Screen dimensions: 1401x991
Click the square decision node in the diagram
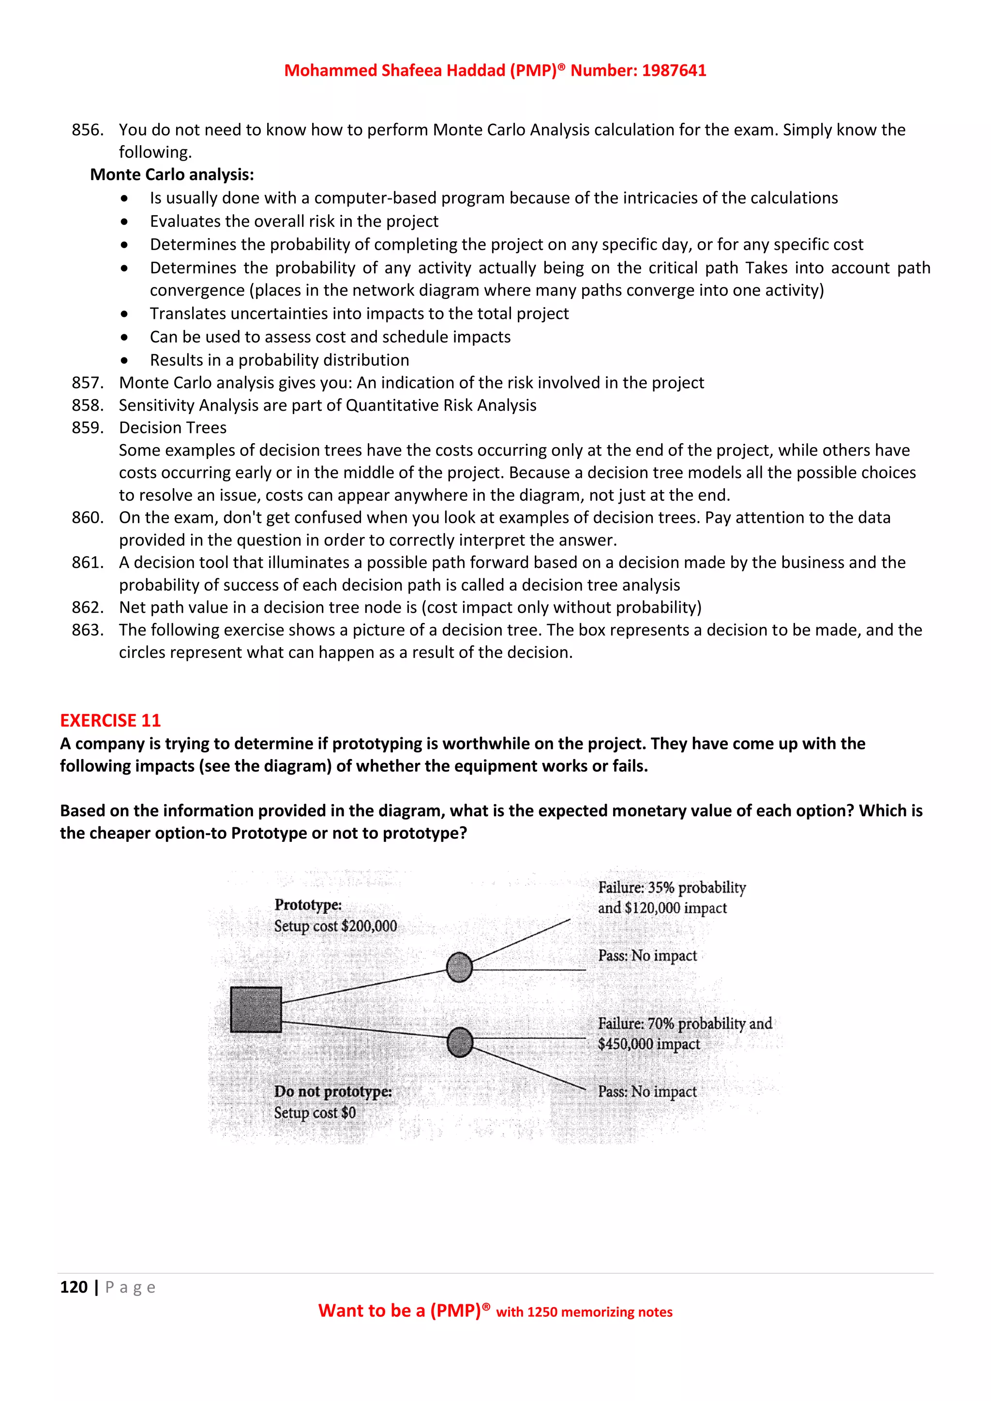tap(255, 1009)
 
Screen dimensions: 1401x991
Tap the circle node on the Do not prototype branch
tap(460, 1042)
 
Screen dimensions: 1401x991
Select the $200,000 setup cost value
tap(369, 926)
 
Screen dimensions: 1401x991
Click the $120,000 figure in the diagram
tap(652, 908)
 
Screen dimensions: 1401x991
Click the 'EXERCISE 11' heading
tap(110, 721)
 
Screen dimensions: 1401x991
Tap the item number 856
tap(87, 130)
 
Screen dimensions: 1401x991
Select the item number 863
tap(87, 630)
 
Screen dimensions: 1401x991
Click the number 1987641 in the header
tap(674, 70)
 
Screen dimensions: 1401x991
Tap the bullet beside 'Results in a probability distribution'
tap(124, 360)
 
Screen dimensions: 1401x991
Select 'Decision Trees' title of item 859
tap(173, 427)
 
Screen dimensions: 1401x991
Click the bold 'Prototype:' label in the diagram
tap(308, 905)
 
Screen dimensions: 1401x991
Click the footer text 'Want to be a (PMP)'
tap(400, 1311)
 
